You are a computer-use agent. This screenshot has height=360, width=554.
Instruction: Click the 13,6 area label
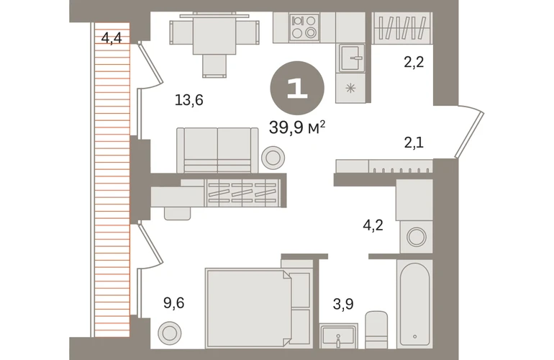[x=189, y=100]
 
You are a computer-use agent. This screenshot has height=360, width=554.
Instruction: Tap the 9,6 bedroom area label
[x=174, y=303]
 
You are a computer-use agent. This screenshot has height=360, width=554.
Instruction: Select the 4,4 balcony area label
[x=112, y=38]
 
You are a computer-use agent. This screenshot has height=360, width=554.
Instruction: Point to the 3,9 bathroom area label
[x=343, y=304]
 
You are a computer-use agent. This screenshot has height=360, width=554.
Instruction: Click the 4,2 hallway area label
[x=373, y=225]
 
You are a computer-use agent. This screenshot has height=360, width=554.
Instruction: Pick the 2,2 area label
[x=414, y=62]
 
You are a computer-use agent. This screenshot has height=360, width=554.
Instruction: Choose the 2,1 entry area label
[x=414, y=143]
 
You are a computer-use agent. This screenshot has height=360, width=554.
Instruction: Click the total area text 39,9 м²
[x=296, y=127]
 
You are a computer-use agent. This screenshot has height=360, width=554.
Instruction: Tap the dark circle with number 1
[x=297, y=88]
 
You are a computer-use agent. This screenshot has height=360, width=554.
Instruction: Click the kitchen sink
[x=352, y=58]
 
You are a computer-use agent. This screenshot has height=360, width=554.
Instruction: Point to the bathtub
[x=414, y=304]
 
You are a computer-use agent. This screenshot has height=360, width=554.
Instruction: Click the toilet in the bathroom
[x=376, y=330]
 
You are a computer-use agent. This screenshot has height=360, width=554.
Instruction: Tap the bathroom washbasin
[x=338, y=337]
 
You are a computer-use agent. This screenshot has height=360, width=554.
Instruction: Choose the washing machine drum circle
[x=416, y=237]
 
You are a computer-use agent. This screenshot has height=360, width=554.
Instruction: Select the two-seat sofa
[x=217, y=150]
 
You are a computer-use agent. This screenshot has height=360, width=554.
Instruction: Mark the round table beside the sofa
[x=273, y=158]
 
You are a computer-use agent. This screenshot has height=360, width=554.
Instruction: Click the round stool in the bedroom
[x=170, y=333]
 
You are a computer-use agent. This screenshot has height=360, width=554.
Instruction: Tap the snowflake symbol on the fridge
[x=350, y=88]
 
